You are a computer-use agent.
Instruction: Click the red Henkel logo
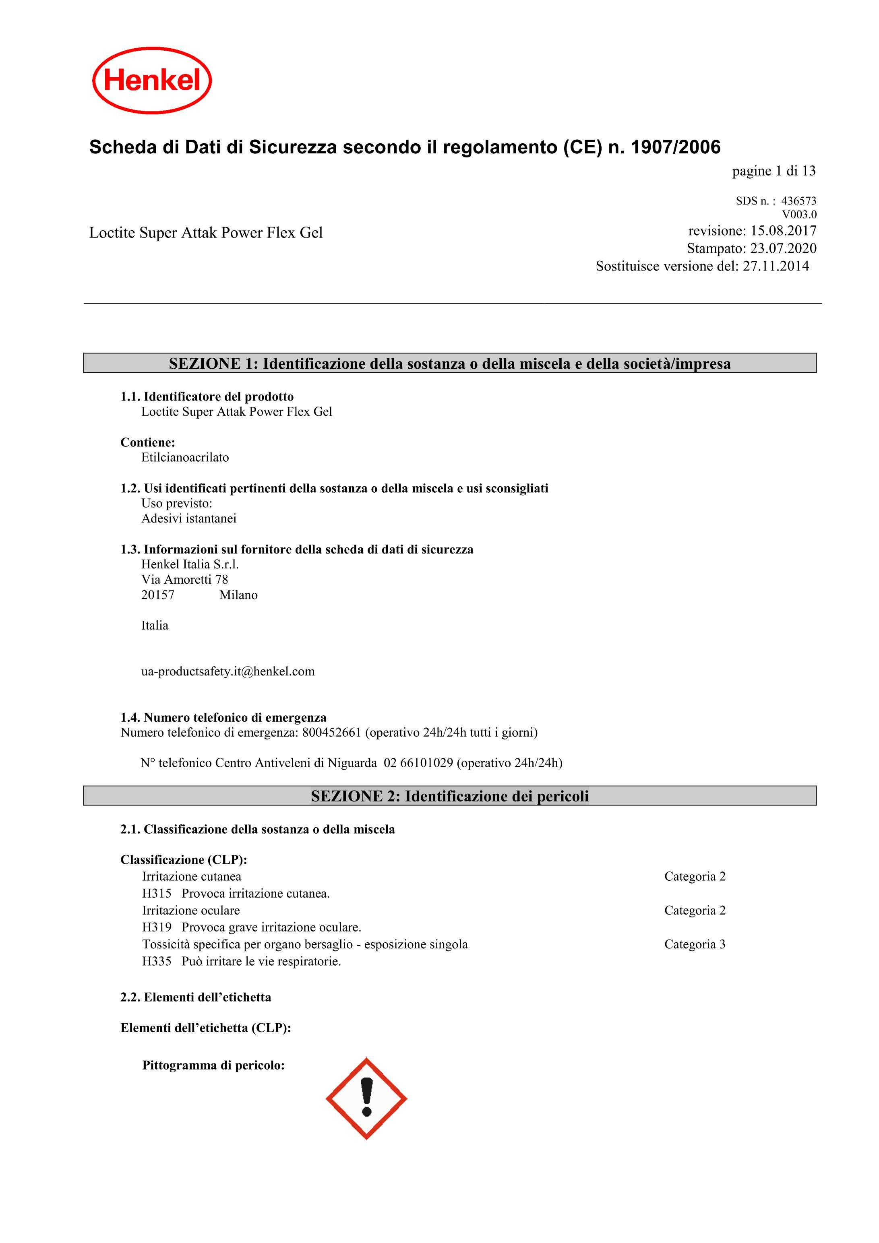coord(152,80)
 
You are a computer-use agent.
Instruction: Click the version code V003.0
coord(799,215)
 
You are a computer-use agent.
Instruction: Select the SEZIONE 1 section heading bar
coord(449,363)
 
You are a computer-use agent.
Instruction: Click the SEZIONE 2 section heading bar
coord(449,796)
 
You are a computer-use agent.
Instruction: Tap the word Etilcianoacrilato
coord(185,457)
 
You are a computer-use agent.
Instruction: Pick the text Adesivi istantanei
coord(189,518)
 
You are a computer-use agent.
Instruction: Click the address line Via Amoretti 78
coord(185,580)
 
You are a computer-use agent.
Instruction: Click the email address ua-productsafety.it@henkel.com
coord(228,671)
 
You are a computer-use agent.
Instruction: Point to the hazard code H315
coord(157,893)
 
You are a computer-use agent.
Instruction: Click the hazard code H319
coord(157,927)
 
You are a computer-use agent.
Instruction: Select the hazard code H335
coord(157,962)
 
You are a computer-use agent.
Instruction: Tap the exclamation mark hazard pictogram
coord(366,1098)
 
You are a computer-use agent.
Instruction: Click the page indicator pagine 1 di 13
coord(774,171)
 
